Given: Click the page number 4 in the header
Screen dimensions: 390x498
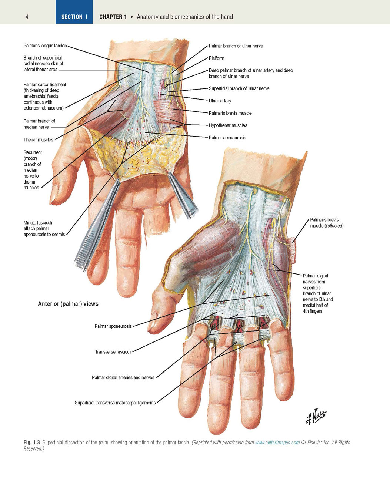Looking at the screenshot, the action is click(x=27, y=17).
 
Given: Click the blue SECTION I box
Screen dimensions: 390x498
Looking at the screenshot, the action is click(x=74, y=12).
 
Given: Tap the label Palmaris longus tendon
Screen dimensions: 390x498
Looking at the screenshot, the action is click(x=45, y=46).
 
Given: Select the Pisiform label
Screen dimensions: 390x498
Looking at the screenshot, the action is click(x=216, y=58).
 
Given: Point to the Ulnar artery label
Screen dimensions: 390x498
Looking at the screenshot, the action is click(x=220, y=101).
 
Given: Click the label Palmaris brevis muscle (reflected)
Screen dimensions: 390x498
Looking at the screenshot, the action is click(x=327, y=222).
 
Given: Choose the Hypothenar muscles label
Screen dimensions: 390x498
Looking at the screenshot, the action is click(x=228, y=125).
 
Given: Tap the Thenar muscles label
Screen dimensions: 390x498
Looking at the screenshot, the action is click(x=38, y=140).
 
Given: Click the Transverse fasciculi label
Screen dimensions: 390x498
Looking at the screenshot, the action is click(x=113, y=351).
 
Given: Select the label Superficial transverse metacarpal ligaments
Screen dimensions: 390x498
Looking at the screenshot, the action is click(x=115, y=403).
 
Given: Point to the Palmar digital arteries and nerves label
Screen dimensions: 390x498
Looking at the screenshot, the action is click(x=123, y=377).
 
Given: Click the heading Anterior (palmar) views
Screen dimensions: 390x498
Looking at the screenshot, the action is click(x=68, y=304).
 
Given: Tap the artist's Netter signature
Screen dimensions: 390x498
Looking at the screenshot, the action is click(x=316, y=416).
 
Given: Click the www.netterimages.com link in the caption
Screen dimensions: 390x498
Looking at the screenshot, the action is click(x=277, y=442).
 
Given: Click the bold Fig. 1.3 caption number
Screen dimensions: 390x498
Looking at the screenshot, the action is click(x=32, y=442).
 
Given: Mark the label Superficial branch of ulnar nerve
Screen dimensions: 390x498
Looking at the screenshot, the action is click(x=239, y=88).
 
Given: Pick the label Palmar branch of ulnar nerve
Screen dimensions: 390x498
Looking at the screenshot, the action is click(x=236, y=46).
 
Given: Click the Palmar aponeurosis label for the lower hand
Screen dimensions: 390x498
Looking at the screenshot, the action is click(x=113, y=326).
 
